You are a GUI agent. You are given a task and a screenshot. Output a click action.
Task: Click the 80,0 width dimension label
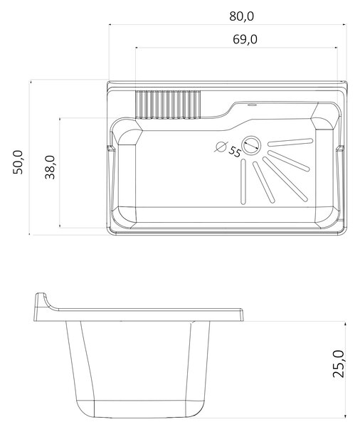[241, 16]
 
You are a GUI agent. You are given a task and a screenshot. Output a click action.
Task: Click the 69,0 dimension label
[245, 39]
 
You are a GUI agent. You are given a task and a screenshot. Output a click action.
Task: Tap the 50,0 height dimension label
[18, 162]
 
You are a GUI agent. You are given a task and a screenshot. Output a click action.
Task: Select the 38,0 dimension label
[50, 167]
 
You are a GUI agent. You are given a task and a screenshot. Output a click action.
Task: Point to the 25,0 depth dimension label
[339, 364]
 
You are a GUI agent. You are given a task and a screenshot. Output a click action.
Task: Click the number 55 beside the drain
[235, 152]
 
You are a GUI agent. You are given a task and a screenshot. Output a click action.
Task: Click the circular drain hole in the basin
[251, 146]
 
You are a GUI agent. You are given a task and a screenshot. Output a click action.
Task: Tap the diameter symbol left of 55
[221, 147]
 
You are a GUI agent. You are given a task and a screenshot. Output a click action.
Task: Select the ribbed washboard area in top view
[168, 105]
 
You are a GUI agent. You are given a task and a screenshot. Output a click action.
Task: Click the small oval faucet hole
[253, 105]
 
